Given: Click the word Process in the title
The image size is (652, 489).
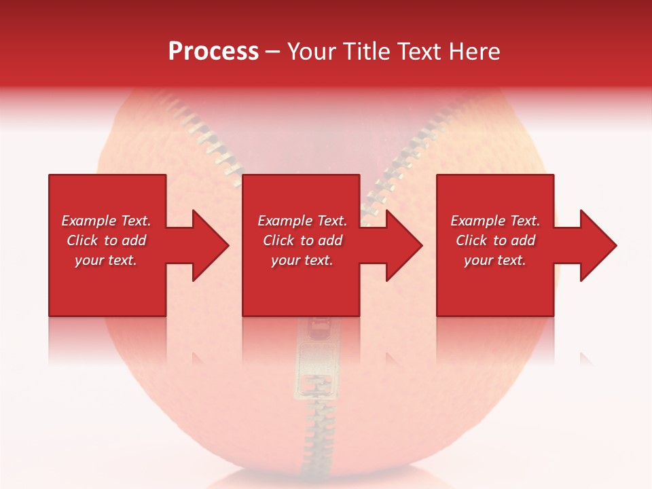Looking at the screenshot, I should coord(213,52).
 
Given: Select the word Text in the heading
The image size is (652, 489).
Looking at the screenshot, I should coord(418,52).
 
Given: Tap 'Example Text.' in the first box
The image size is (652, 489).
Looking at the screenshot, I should coord(106,221).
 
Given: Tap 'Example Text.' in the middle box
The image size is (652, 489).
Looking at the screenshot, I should coord(302,221).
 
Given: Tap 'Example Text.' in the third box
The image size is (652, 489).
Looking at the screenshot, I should coord(495,221).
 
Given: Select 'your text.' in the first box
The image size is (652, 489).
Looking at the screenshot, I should coord(106,260).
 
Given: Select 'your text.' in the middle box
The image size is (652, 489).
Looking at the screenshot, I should coord(302,260).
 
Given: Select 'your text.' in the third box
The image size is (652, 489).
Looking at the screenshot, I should coord(495,260).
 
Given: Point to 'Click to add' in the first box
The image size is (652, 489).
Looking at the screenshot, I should coord(106,240).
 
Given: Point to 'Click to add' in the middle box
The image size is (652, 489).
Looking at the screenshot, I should coord(302,240).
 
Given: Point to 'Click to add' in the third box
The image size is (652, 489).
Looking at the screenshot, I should coord(495,240).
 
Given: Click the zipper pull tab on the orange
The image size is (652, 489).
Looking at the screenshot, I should coord(316,367).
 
